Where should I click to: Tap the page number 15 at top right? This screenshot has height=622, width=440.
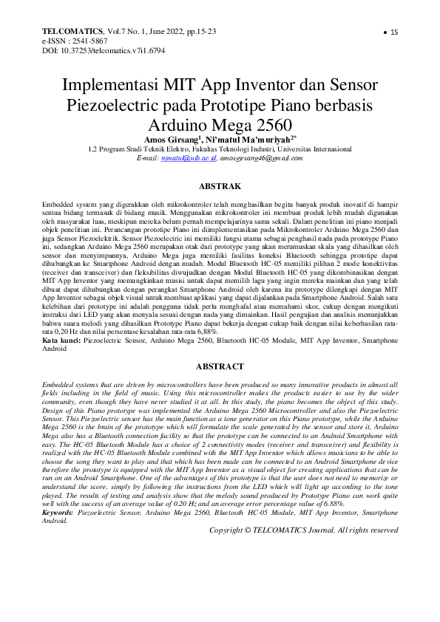coord(394,33)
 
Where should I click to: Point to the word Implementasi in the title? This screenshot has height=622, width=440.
coord(112,86)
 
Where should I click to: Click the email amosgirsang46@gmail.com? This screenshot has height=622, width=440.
coord(262,158)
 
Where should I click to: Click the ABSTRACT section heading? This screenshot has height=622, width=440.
coord(220,366)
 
